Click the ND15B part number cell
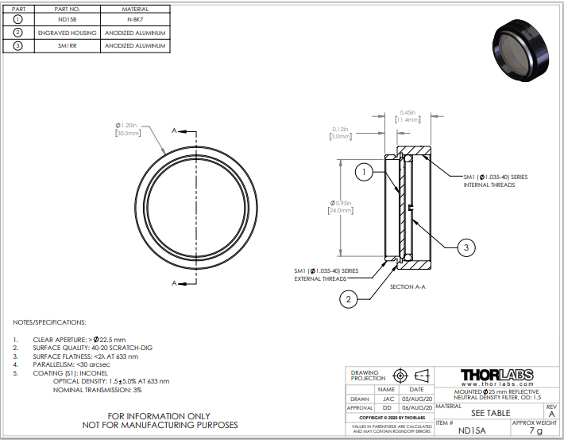[x=67, y=19]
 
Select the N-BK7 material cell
[x=136, y=19]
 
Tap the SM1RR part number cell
[x=67, y=46]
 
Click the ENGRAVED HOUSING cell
[x=67, y=33]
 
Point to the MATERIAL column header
[x=136, y=8]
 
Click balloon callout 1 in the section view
[x=362, y=171]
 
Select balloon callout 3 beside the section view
[x=467, y=248]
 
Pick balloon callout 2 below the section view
[x=347, y=299]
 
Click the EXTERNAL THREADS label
[x=314, y=279]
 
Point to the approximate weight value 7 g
[x=539, y=430]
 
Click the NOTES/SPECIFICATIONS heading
[x=49, y=322]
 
